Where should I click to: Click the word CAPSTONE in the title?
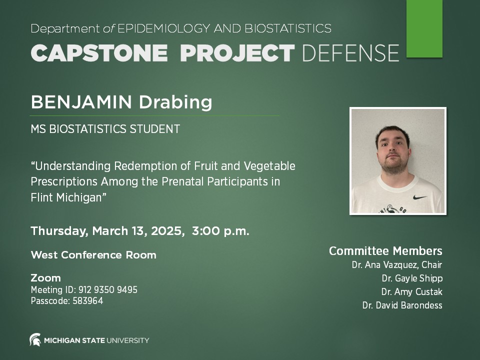point(99,52)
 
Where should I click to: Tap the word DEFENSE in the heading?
point(350,52)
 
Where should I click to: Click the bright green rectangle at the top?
point(424,28)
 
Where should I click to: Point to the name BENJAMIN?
point(81,102)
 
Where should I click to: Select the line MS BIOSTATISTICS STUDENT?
point(105,129)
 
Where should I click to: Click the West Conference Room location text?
point(93,255)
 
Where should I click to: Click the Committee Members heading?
point(385,251)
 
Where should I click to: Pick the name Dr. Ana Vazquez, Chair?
point(397,265)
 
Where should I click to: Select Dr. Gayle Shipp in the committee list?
point(412,278)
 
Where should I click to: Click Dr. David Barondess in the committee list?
point(402,305)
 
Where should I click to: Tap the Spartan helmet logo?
point(35,340)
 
